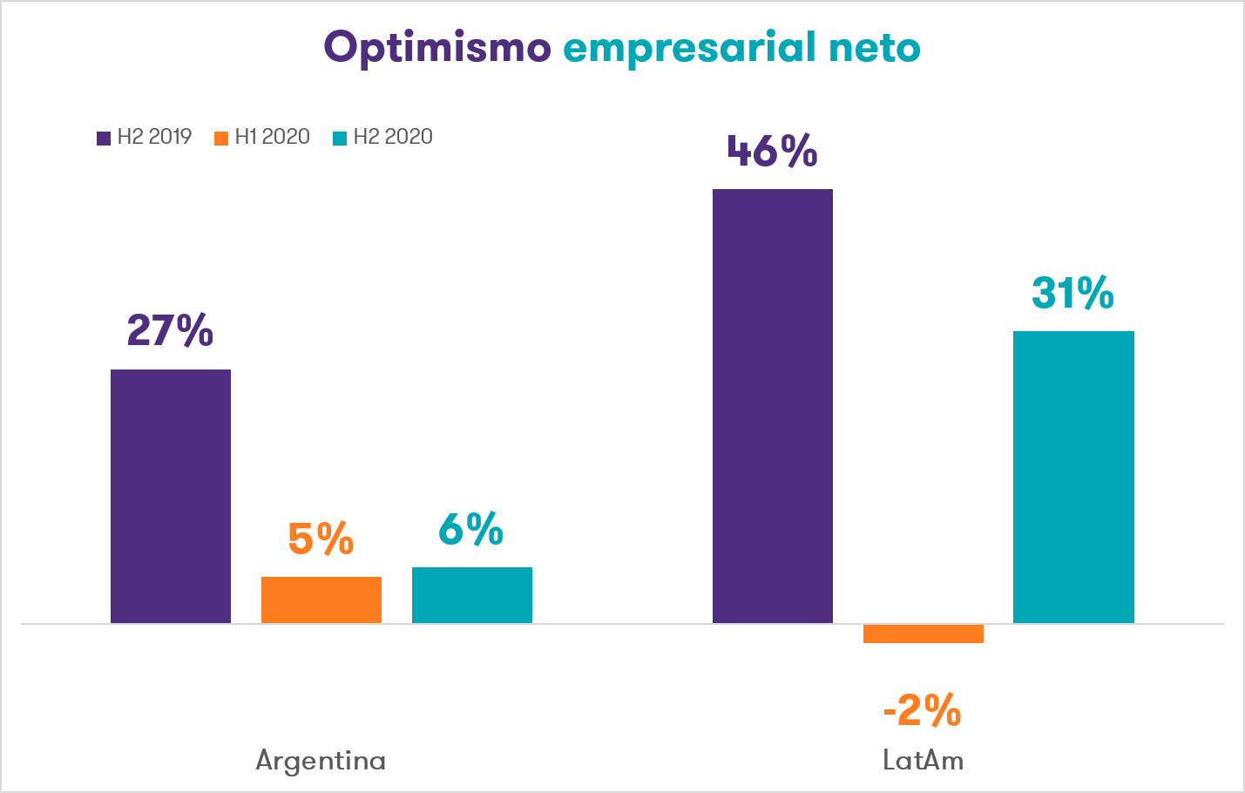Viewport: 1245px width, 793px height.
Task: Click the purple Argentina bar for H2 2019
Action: [x=171, y=496]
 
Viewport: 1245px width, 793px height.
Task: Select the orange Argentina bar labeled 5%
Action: [x=321, y=600]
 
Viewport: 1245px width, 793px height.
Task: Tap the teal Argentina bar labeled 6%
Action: [x=472, y=595]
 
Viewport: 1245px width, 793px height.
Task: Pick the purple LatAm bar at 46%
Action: [x=773, y=406]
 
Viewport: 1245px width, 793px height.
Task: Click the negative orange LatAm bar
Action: [x=924, y=634]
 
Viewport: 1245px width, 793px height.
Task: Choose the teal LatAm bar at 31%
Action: [x=1073, y=477]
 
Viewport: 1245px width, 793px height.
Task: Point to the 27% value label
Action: [x=170, y=330]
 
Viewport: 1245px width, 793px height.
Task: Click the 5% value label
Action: [x=321, y=539]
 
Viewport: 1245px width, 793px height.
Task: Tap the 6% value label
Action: [x=470, y=528]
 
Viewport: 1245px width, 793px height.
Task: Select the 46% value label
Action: [x=772, y=151]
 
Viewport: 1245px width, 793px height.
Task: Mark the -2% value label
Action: [x=923, y=710]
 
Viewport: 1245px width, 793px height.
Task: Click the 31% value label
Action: [x=1072, y=293]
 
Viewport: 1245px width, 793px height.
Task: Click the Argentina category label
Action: [x=321, y=761]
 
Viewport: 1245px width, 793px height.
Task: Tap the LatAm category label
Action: [x=923, y=761]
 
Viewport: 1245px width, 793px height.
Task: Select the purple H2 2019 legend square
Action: [x=104, y=138]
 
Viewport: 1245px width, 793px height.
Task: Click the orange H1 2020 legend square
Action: [x=221, y=138]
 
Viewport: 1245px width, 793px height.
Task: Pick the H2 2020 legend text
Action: [x=392, y=137]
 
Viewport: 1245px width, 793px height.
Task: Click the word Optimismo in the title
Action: [x=437, y=48]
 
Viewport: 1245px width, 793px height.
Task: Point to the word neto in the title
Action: [x=874, y=48]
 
